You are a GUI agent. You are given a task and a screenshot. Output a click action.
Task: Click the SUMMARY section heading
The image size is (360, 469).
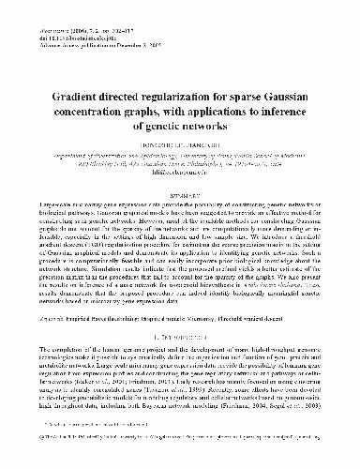[181, 184]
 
